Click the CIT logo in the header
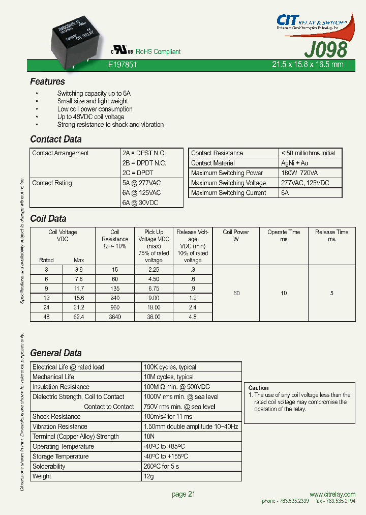[287, 20]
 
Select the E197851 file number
[123, 65]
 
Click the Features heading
[47, 81]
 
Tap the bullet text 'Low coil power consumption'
[95, 109]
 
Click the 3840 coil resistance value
[115, 317]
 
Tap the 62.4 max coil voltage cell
[78, 317]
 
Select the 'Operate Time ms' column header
[284, 235]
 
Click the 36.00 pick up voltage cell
[154, 317]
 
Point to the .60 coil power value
[236, 293]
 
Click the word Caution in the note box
[259, 388]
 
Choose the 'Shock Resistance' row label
[56, 416]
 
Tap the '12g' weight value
[149, 476]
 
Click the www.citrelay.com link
[332, 495]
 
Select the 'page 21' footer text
[184, 494]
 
